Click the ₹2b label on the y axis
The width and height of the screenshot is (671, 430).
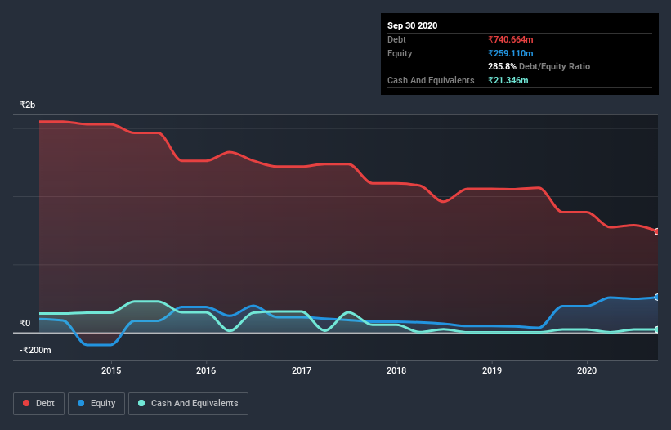(x=28, y=105)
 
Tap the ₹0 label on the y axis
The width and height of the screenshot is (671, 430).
(x=25, y=323)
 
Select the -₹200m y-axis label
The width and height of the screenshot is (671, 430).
(x=35, y=350)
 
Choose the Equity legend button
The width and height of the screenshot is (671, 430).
(x=96, y=403)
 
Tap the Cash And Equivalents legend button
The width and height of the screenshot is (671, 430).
(x=188, y=403)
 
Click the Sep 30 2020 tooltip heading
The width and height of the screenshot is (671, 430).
(x=413, y=25)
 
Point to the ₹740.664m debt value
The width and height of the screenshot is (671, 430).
(x=511, y=39)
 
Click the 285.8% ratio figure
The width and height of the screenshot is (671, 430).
(x=502, y=66)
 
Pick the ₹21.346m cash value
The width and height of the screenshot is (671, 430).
(x=508, y=80)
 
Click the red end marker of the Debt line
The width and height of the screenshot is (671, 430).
(x=656, y=231)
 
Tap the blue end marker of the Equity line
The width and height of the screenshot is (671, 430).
(x=656, y=297)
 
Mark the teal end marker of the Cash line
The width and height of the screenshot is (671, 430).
(x=656, y=329)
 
